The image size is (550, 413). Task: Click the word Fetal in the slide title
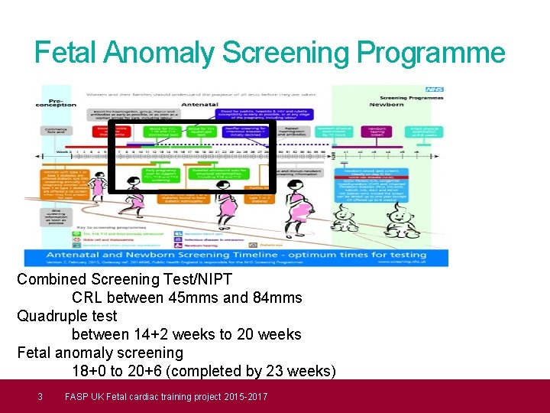coord(66,53)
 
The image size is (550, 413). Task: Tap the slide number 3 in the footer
coord(40,396)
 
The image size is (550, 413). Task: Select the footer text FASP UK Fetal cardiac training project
coord(166,396)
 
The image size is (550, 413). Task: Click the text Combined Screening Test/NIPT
coord(125,279)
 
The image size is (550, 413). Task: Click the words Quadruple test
coord(67,316)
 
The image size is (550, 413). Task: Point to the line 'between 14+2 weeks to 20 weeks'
coord(186,334)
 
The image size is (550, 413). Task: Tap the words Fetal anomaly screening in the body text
coord(100,353)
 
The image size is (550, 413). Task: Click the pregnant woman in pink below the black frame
coord(227,206)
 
